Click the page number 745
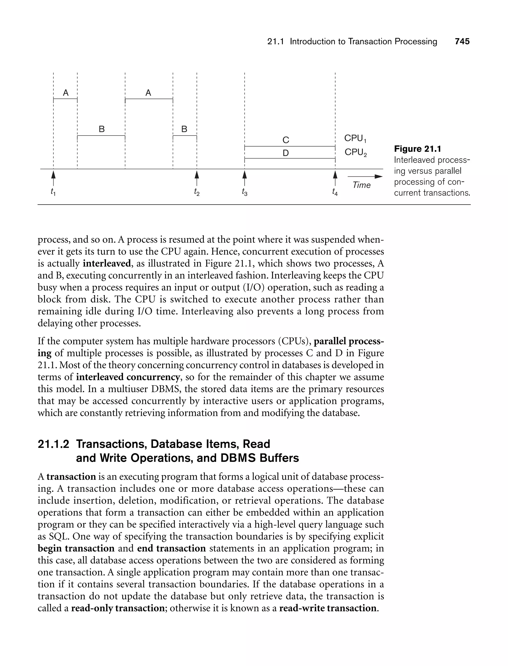click(x=462, y=41)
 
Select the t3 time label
click(x=245, y=192)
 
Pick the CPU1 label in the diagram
click(x=355, y=138)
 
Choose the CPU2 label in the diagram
click(x=355, y=152)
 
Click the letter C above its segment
click(x=286, y=140)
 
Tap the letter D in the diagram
click(x=286, y=153)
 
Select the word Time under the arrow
click(x=362, y=185)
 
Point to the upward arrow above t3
click(x=245, y=178)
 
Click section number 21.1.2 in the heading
click(x=53, y=444)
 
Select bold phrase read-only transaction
click(x=118, y=608)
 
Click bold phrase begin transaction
click(x=76, y=548)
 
